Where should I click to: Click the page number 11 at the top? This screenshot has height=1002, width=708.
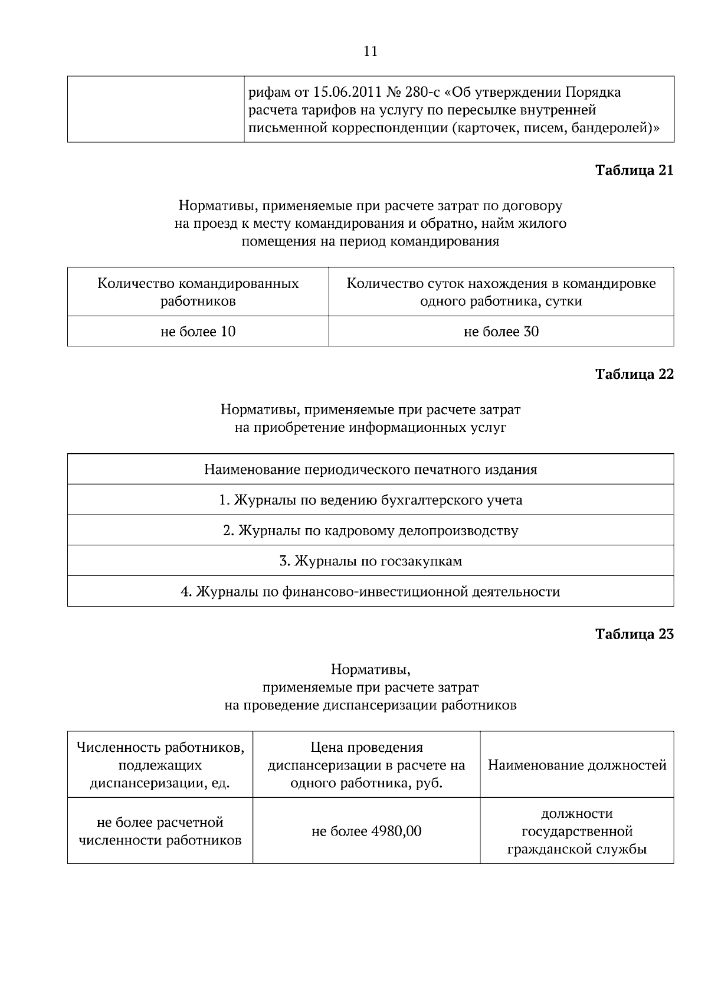coord(371,51)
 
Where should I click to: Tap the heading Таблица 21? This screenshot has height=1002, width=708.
coord(634,171)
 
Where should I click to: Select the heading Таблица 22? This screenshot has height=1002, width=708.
coord(634,375)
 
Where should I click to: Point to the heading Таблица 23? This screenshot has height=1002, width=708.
coord(634,634)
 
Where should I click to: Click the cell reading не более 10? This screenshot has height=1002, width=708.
coord(198,332)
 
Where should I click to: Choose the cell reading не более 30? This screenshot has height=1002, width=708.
coord(501,332)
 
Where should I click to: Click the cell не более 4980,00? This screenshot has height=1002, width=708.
coord(366,831)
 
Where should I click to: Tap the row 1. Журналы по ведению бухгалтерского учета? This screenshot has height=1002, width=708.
coord(371,500)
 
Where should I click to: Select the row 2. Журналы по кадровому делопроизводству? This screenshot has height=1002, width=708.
coord(371,531)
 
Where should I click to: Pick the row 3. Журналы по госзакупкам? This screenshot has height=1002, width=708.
coord(371,561)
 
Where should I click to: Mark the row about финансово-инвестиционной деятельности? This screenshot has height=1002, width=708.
coord(371,591)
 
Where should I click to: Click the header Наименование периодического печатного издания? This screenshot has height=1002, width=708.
coord(371,470)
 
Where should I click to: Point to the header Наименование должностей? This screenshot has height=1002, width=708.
coord(577,765)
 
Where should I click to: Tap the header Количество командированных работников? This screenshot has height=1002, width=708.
coord(198,292)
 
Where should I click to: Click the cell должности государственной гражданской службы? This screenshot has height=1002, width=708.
coord(577,831)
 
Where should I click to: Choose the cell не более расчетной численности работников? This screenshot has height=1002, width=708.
coord(160,831)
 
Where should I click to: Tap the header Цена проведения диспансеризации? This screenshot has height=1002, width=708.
coord(366,765)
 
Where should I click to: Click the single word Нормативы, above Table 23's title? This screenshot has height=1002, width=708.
coord(371,670)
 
